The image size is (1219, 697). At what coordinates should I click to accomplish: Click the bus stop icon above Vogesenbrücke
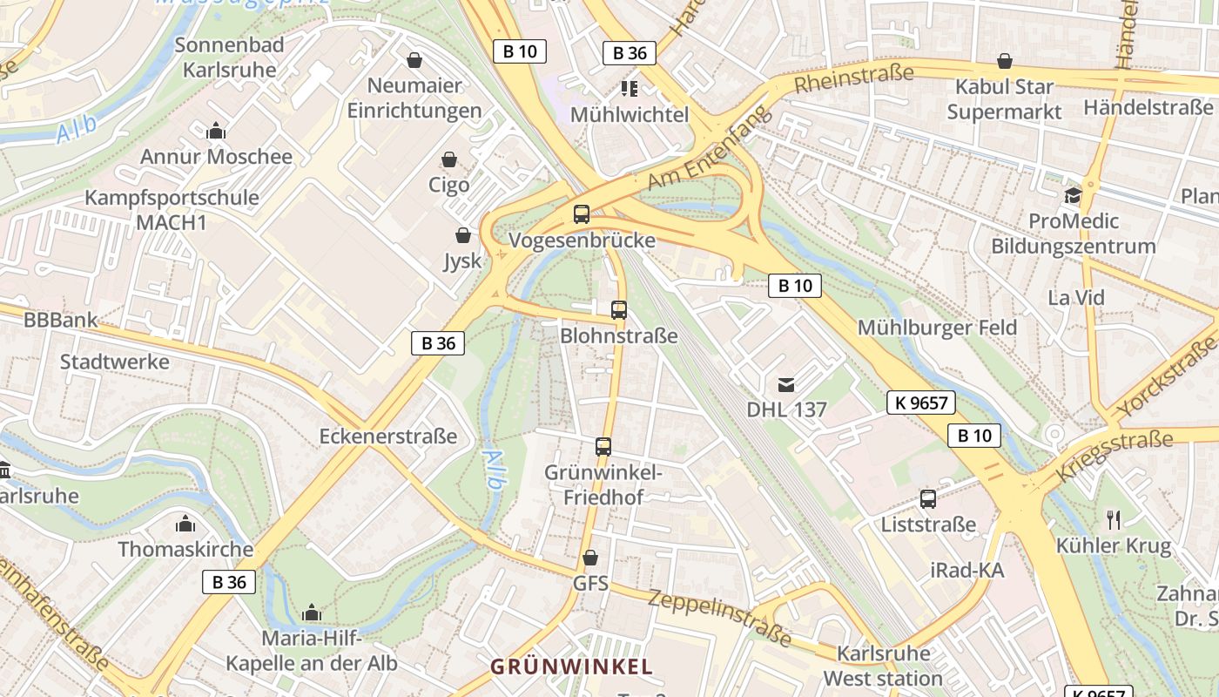pyautogui.click(x=581, y=213)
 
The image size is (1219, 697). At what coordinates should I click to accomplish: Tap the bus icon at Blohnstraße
pyautogui.click(x=618, y=309)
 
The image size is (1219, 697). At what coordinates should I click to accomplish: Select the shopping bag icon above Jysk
pyautogui.click(x=463, y=235)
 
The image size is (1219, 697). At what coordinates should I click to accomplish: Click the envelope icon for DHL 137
pyautogui.click(x=786, y=383)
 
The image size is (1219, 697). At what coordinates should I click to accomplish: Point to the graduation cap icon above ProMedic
pyautogui.click(x=1073, y=195)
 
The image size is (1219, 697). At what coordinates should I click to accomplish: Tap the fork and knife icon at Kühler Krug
pyautogui.click(x=1113, y=520)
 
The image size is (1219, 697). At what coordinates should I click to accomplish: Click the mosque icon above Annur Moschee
pyautogui.click(x=216, y=132)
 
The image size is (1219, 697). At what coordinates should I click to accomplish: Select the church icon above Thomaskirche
pyautogui.click(x=185, y=524)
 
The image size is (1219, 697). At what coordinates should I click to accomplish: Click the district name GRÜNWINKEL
pyautogui.click(x=571, y=667)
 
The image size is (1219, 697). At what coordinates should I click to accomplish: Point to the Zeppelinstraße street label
pyautogui.click(x=719, y=618)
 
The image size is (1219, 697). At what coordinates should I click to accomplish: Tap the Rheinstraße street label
pyautogui.click(x=853, y=78)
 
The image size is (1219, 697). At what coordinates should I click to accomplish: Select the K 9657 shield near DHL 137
pyautogui.click(x=921, y=403)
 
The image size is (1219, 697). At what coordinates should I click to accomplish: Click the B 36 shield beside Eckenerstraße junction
pyautogui.click(x=438, y=343)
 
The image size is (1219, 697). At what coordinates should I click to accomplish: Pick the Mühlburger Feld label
pyautogui.click(x=937, y=328)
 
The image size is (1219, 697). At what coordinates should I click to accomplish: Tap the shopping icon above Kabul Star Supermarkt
pyautogui.click(x=1005, y=61)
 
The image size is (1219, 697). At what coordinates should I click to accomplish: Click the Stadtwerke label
pyautogui.click(x=114, y=361)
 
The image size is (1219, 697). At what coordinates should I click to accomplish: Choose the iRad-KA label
pyautogui.click(x=966, y=571)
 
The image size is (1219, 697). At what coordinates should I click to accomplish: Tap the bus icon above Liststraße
pyautogui.click(x=928, y=499)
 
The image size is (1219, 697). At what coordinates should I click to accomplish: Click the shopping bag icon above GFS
pyautogui.click(x=590, y=558)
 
